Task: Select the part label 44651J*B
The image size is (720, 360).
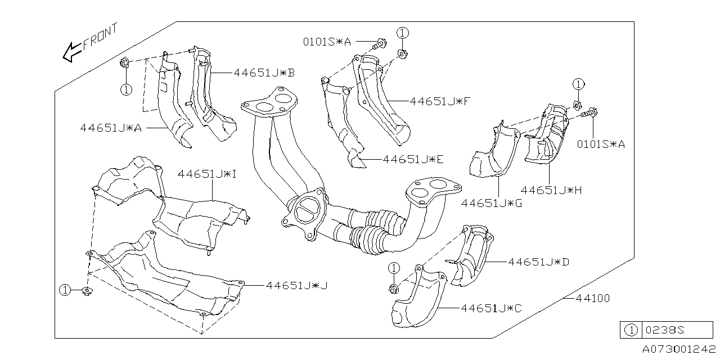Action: pos(264,73)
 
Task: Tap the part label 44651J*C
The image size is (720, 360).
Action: pos(491,308)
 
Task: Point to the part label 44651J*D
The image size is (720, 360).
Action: pos(539,262)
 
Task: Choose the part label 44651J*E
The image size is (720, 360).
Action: pos(413,159)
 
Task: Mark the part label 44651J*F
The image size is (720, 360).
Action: pos(440,101)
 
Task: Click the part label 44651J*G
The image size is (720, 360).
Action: pos(491,203)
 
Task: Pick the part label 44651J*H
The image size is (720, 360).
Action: pos(551,190)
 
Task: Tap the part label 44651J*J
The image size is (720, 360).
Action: pos(297,286)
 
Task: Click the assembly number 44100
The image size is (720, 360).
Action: pos(592,298)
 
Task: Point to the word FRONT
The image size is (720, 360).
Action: pos(100,38)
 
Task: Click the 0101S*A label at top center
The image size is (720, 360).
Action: pos(327,42)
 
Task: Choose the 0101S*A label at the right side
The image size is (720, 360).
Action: pos(601,145)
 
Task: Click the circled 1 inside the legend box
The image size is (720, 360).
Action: pos(631,330)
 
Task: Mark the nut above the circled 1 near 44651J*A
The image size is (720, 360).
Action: pos(125,63)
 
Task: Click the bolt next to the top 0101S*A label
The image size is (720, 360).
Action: pos(380,42)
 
